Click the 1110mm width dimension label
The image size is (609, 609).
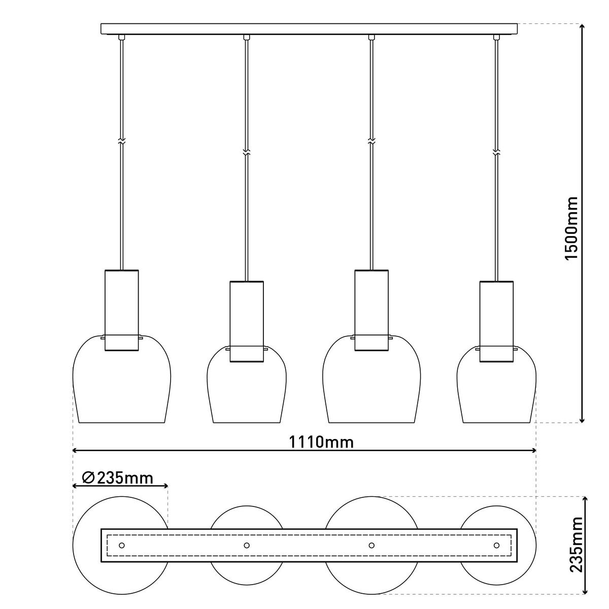321,442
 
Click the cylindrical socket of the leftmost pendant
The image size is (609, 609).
121,310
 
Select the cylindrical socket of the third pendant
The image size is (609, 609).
371,310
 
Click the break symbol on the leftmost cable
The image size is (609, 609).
121,143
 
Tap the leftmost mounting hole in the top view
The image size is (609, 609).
121,545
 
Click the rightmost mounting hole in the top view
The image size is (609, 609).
496,545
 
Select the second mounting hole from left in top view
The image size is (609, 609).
247,545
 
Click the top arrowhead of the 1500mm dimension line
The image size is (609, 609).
582,27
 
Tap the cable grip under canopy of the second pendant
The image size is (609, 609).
247,37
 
